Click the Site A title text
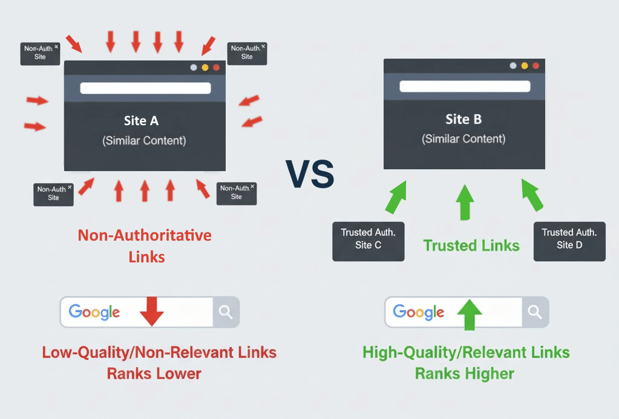pos(141,121)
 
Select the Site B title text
pos(463,119)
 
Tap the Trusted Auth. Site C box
pos(368,239)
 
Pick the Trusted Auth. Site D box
pos(569,239)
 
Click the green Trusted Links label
pos(471,245)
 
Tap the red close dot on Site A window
pos(216,68)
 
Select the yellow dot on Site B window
pos(525,66)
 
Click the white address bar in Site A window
pos(145,88)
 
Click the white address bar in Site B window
pos(465,86)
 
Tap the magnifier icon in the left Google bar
pos(226,312)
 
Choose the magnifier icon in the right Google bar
pos(534,312)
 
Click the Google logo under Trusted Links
pos(418,312)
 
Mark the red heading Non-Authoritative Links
pos(145,245)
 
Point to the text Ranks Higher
pos(465,374)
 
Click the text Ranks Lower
pos(154,374)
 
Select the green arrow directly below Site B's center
pos(465,202)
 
